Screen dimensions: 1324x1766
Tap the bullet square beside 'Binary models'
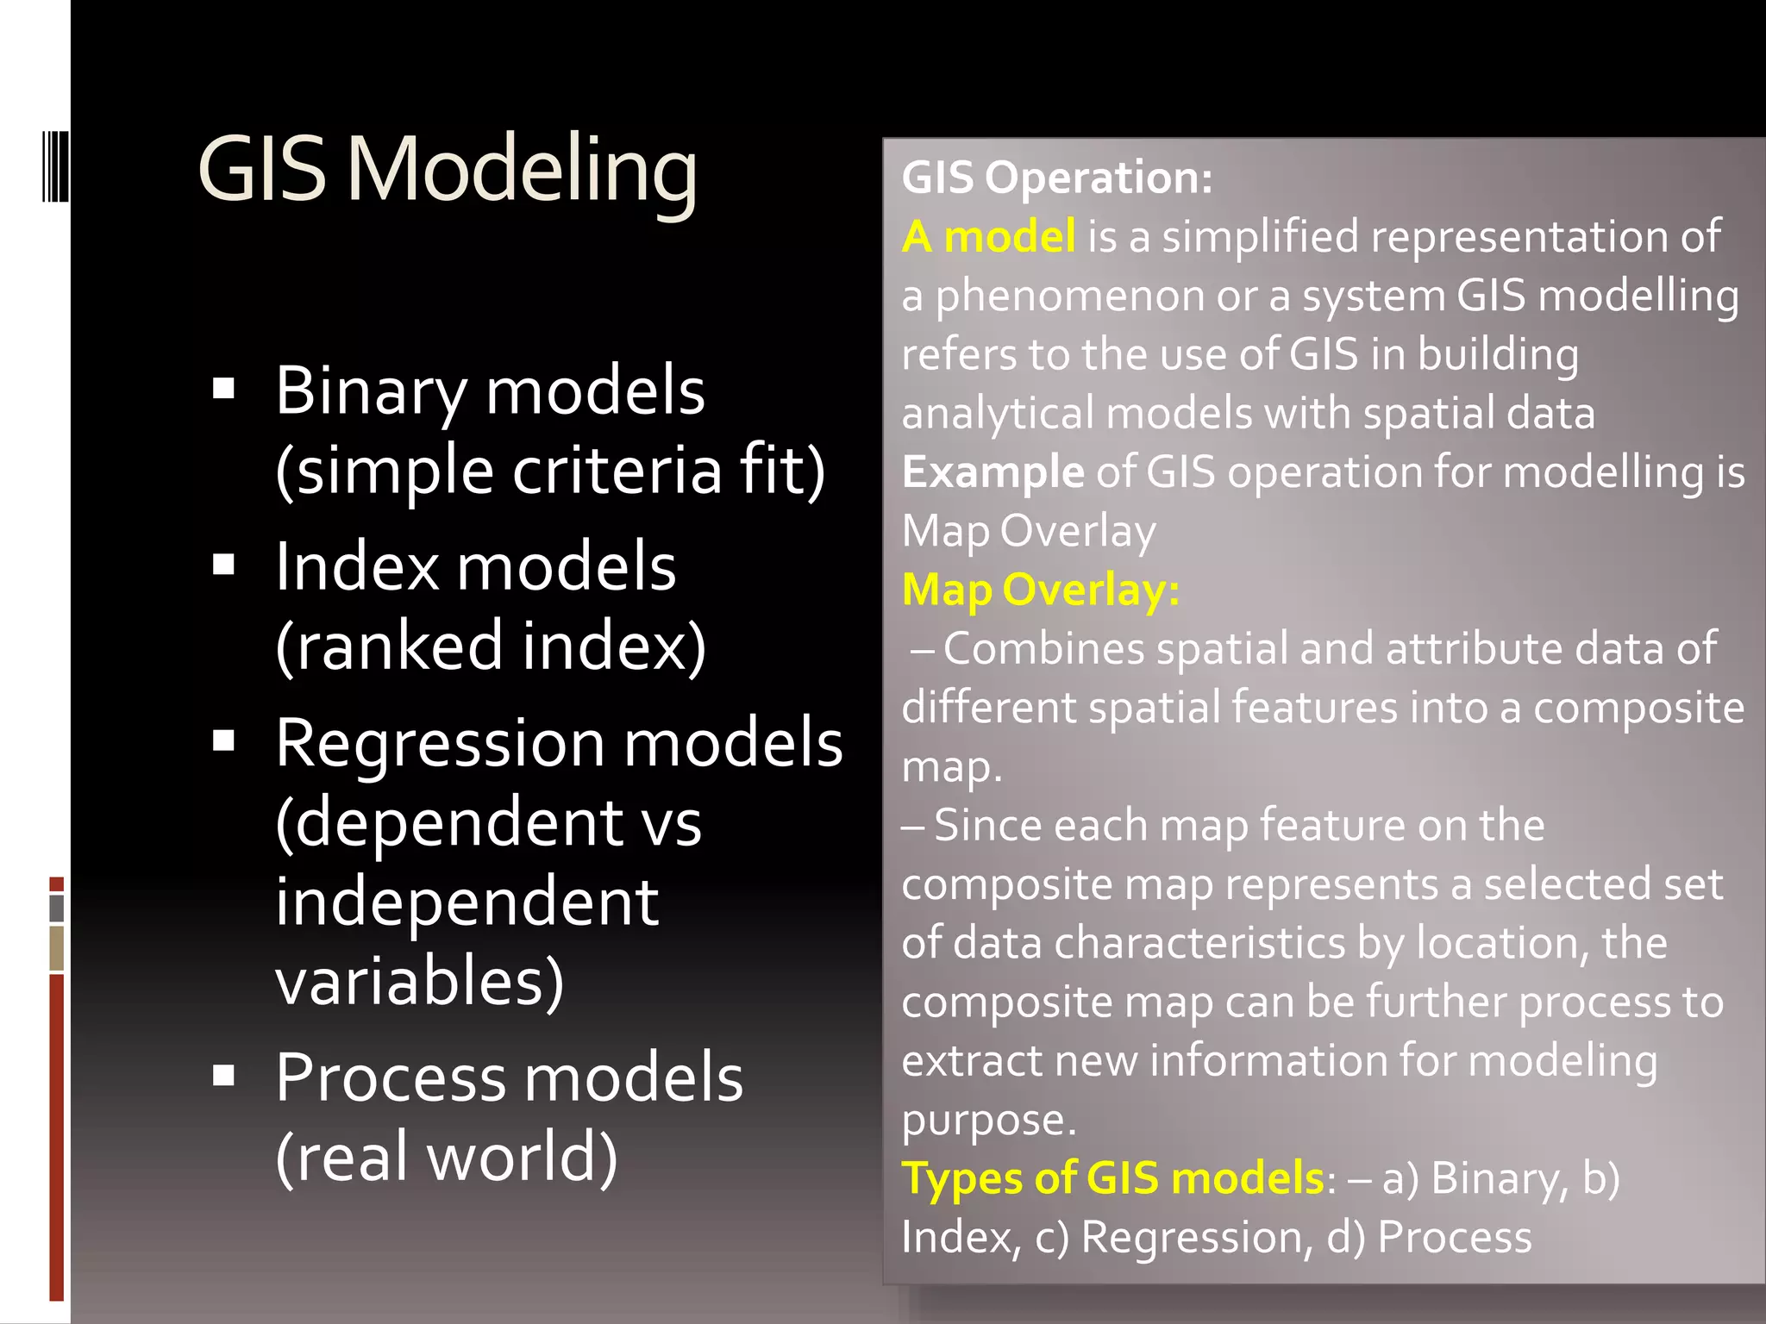point(224,389)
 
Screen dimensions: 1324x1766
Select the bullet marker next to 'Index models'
point(224,565)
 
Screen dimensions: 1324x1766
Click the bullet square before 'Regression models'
point(224,741)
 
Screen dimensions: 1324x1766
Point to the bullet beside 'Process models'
point(224,1076)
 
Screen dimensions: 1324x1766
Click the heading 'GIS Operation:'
point(1056,178)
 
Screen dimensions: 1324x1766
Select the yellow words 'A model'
point(988,236)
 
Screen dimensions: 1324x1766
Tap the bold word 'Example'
point(993,472)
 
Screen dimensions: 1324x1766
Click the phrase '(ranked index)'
point(491,646)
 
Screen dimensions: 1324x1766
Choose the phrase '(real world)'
point(447,1156)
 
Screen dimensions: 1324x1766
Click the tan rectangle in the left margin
point(57,948)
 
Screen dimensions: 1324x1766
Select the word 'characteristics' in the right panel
point(1199,942)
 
